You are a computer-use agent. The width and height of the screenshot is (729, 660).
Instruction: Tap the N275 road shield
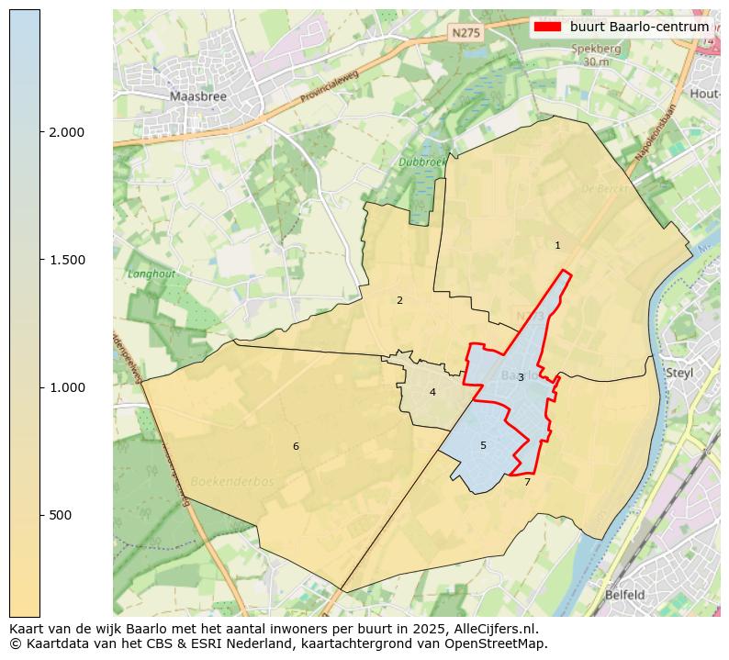point(465,32)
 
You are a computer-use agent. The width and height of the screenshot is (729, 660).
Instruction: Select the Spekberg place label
point(595,50)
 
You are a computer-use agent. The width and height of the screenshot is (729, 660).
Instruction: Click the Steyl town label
point(679,373)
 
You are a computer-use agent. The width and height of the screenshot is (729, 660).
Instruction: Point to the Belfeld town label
point(624,595)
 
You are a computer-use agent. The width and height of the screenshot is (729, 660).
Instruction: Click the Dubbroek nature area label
point(421,162)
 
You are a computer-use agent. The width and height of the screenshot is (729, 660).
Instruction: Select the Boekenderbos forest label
point(232,481)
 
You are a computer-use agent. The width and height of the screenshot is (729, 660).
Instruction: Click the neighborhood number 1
point(557,245)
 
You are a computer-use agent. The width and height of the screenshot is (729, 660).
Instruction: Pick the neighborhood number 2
point(399,300)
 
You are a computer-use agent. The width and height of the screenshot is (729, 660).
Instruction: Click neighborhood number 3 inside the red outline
point(521,377)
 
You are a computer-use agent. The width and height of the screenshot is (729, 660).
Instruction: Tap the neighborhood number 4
point(432,392)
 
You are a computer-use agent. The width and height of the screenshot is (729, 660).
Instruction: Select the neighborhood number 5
point(483,445)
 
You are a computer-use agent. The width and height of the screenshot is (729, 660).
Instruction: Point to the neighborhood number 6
point(296,446)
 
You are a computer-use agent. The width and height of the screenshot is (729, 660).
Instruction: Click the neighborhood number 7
point(527,481)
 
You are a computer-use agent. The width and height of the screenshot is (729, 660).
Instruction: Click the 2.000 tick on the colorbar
point(67,132)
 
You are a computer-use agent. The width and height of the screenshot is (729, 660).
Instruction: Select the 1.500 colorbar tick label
point(67,260)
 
